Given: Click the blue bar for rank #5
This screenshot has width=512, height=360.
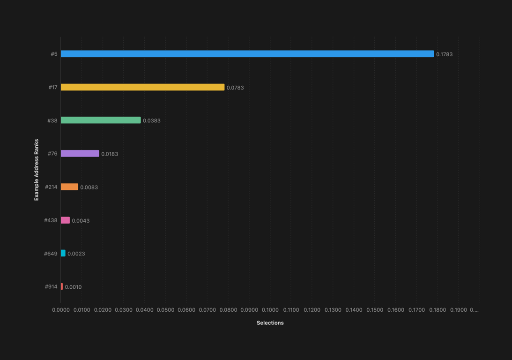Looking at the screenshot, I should tap(247, 54).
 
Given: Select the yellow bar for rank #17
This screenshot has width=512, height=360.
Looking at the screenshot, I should tap(142, 87).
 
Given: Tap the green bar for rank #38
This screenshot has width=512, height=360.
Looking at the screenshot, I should tap(101, 120).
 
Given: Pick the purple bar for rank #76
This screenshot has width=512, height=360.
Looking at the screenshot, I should tap(80, 154).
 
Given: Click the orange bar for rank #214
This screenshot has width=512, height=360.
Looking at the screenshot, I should tap(69, 187).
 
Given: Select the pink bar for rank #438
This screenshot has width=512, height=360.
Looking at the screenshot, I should tap(65, 220).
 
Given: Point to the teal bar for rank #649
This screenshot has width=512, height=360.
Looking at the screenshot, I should tap(63, 254).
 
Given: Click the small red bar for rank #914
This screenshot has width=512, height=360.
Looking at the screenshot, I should tap(62, 287).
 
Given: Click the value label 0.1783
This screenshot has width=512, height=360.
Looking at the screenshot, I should tap(444, 54).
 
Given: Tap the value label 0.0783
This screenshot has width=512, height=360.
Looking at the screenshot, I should tap(235, 88).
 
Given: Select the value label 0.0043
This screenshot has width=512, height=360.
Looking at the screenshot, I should tap(81, 221).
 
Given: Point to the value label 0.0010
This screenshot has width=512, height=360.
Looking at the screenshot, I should tap(73, 287).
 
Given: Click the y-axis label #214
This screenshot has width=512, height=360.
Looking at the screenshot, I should tap(51, 187).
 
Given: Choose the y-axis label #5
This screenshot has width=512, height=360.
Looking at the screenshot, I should tap(54, 54).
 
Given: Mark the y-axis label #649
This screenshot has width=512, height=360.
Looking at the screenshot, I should tap(51, 254).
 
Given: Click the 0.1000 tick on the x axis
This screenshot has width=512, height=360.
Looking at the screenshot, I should tap(270, 310).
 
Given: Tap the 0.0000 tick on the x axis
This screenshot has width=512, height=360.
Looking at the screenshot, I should tap(60, 310).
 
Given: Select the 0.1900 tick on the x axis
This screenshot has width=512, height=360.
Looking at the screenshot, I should tap(458, 310).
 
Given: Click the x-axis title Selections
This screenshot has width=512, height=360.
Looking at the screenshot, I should tap(270, 323).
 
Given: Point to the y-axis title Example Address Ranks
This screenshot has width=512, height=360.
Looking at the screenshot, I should tap(37, 170).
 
